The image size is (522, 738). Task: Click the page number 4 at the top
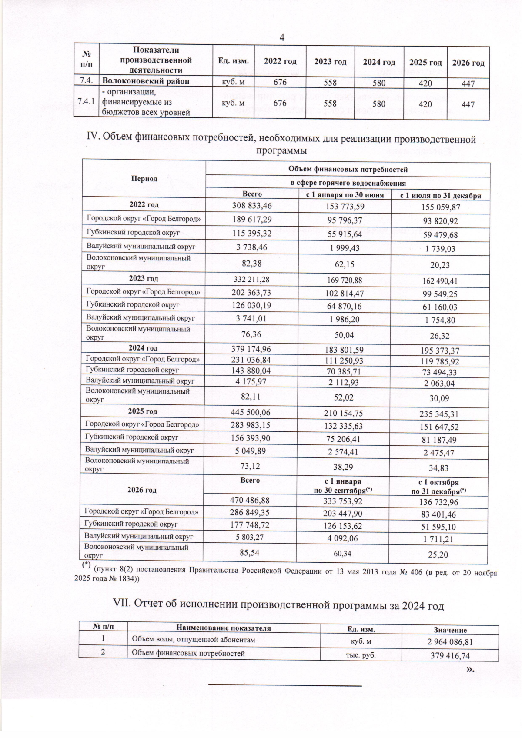(282, 38)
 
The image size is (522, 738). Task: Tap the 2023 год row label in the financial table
(144, 278)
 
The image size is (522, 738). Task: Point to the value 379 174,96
(251, 350)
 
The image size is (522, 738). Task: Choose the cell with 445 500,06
(251, 414)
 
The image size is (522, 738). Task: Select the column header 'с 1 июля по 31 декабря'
(440, 195)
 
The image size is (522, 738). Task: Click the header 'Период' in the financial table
(144, 179)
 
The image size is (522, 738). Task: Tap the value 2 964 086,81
(450, 642)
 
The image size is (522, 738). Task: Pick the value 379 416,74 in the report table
(450, 656)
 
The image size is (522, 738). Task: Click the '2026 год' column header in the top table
(468, 63)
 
